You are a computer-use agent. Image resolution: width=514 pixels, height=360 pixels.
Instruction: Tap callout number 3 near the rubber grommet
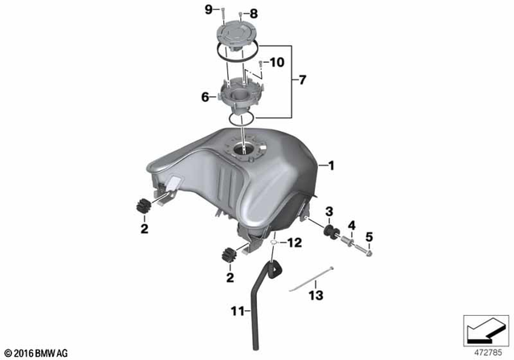pos(328,212)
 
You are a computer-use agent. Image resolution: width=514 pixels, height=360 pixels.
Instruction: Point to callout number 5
pos(370,236)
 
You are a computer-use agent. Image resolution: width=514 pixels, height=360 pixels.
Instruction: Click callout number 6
pos(205,96)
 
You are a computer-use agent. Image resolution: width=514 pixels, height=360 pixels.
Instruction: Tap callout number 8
pos(232,14)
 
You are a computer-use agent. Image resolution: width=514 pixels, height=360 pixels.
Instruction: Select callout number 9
pos(207,10)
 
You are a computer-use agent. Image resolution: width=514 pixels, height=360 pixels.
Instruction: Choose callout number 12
pos(295,242)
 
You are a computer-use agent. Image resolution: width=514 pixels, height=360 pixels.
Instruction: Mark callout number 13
pos(315,296)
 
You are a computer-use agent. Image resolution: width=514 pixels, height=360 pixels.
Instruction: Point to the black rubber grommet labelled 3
pos(328,232)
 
